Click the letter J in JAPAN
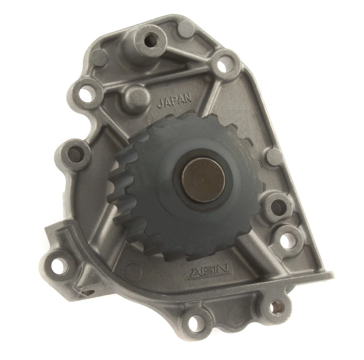[x=160, y=103]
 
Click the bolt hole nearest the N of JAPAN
[x=225, y=65]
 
